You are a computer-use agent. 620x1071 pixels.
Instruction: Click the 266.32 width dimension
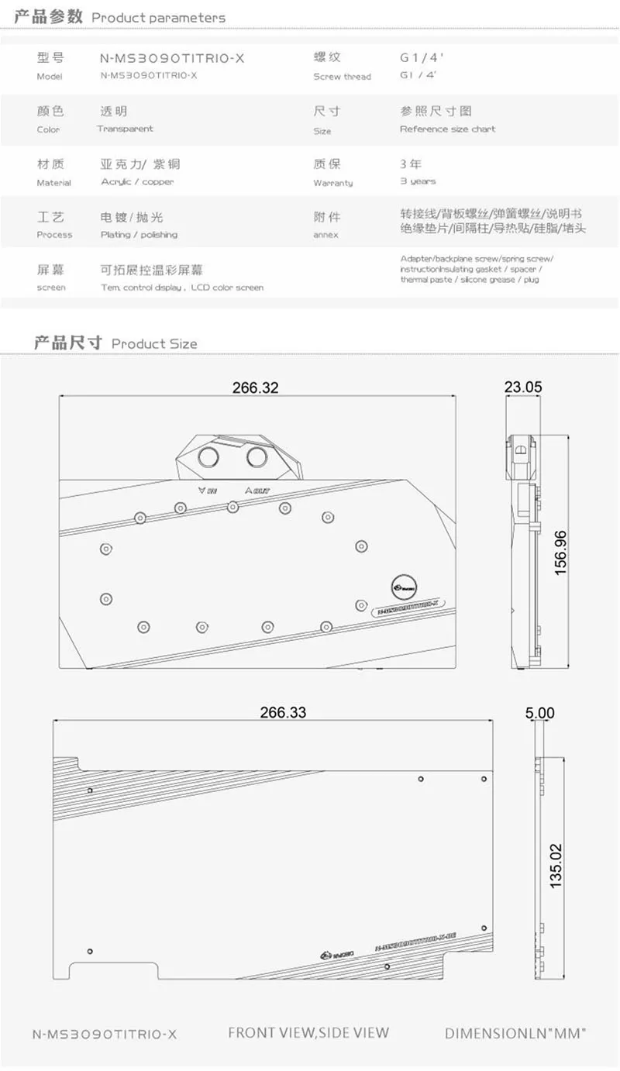click(255, 387)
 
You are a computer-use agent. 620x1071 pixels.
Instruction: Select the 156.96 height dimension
click(560, 552)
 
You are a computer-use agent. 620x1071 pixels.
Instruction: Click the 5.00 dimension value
click(540, 712)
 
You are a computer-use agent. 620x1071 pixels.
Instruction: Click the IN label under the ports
click(207, 490)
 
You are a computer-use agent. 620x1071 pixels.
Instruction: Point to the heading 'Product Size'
click(154, 343)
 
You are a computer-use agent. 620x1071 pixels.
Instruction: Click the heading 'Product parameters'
click(159, 17)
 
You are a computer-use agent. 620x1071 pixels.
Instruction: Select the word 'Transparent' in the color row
click(126, 129)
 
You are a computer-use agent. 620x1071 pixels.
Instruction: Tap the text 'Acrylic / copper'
click(137, 181)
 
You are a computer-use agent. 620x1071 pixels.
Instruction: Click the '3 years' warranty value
click(418, 181)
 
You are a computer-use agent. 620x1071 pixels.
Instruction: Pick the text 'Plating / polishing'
click(139, 234)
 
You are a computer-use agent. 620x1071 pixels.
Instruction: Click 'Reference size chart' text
click(447, 129)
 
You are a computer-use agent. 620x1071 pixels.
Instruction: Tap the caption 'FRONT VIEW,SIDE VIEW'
click(308, 1032)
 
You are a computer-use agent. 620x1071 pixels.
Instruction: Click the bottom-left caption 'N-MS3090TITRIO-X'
click(105, 1034)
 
